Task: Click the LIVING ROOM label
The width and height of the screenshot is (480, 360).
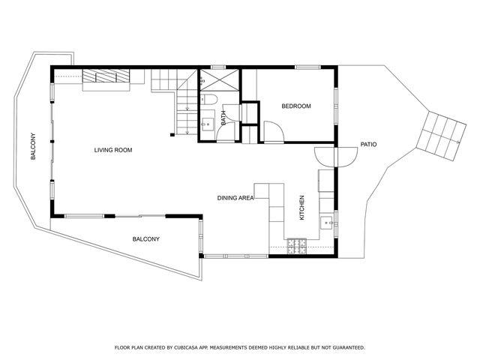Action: click(x=113, y=151)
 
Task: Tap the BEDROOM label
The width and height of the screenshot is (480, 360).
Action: click(x=295, y=106)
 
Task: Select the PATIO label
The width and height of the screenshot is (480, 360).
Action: click(x=368, y=144)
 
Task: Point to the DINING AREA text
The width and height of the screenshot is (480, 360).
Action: click(x=235, y=198)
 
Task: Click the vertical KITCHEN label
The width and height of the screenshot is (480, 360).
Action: click(x=302, y=207)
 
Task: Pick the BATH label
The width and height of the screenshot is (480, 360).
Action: click(x=223, y=117)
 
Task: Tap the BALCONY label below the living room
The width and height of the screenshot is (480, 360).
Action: click(x=145, y=239)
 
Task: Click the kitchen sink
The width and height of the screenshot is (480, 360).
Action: click(x=326, y=222)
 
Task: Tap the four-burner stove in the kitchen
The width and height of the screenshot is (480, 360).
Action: click(x=297, y=244)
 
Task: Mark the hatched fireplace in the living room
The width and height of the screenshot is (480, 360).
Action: click(x=104, y=76)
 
